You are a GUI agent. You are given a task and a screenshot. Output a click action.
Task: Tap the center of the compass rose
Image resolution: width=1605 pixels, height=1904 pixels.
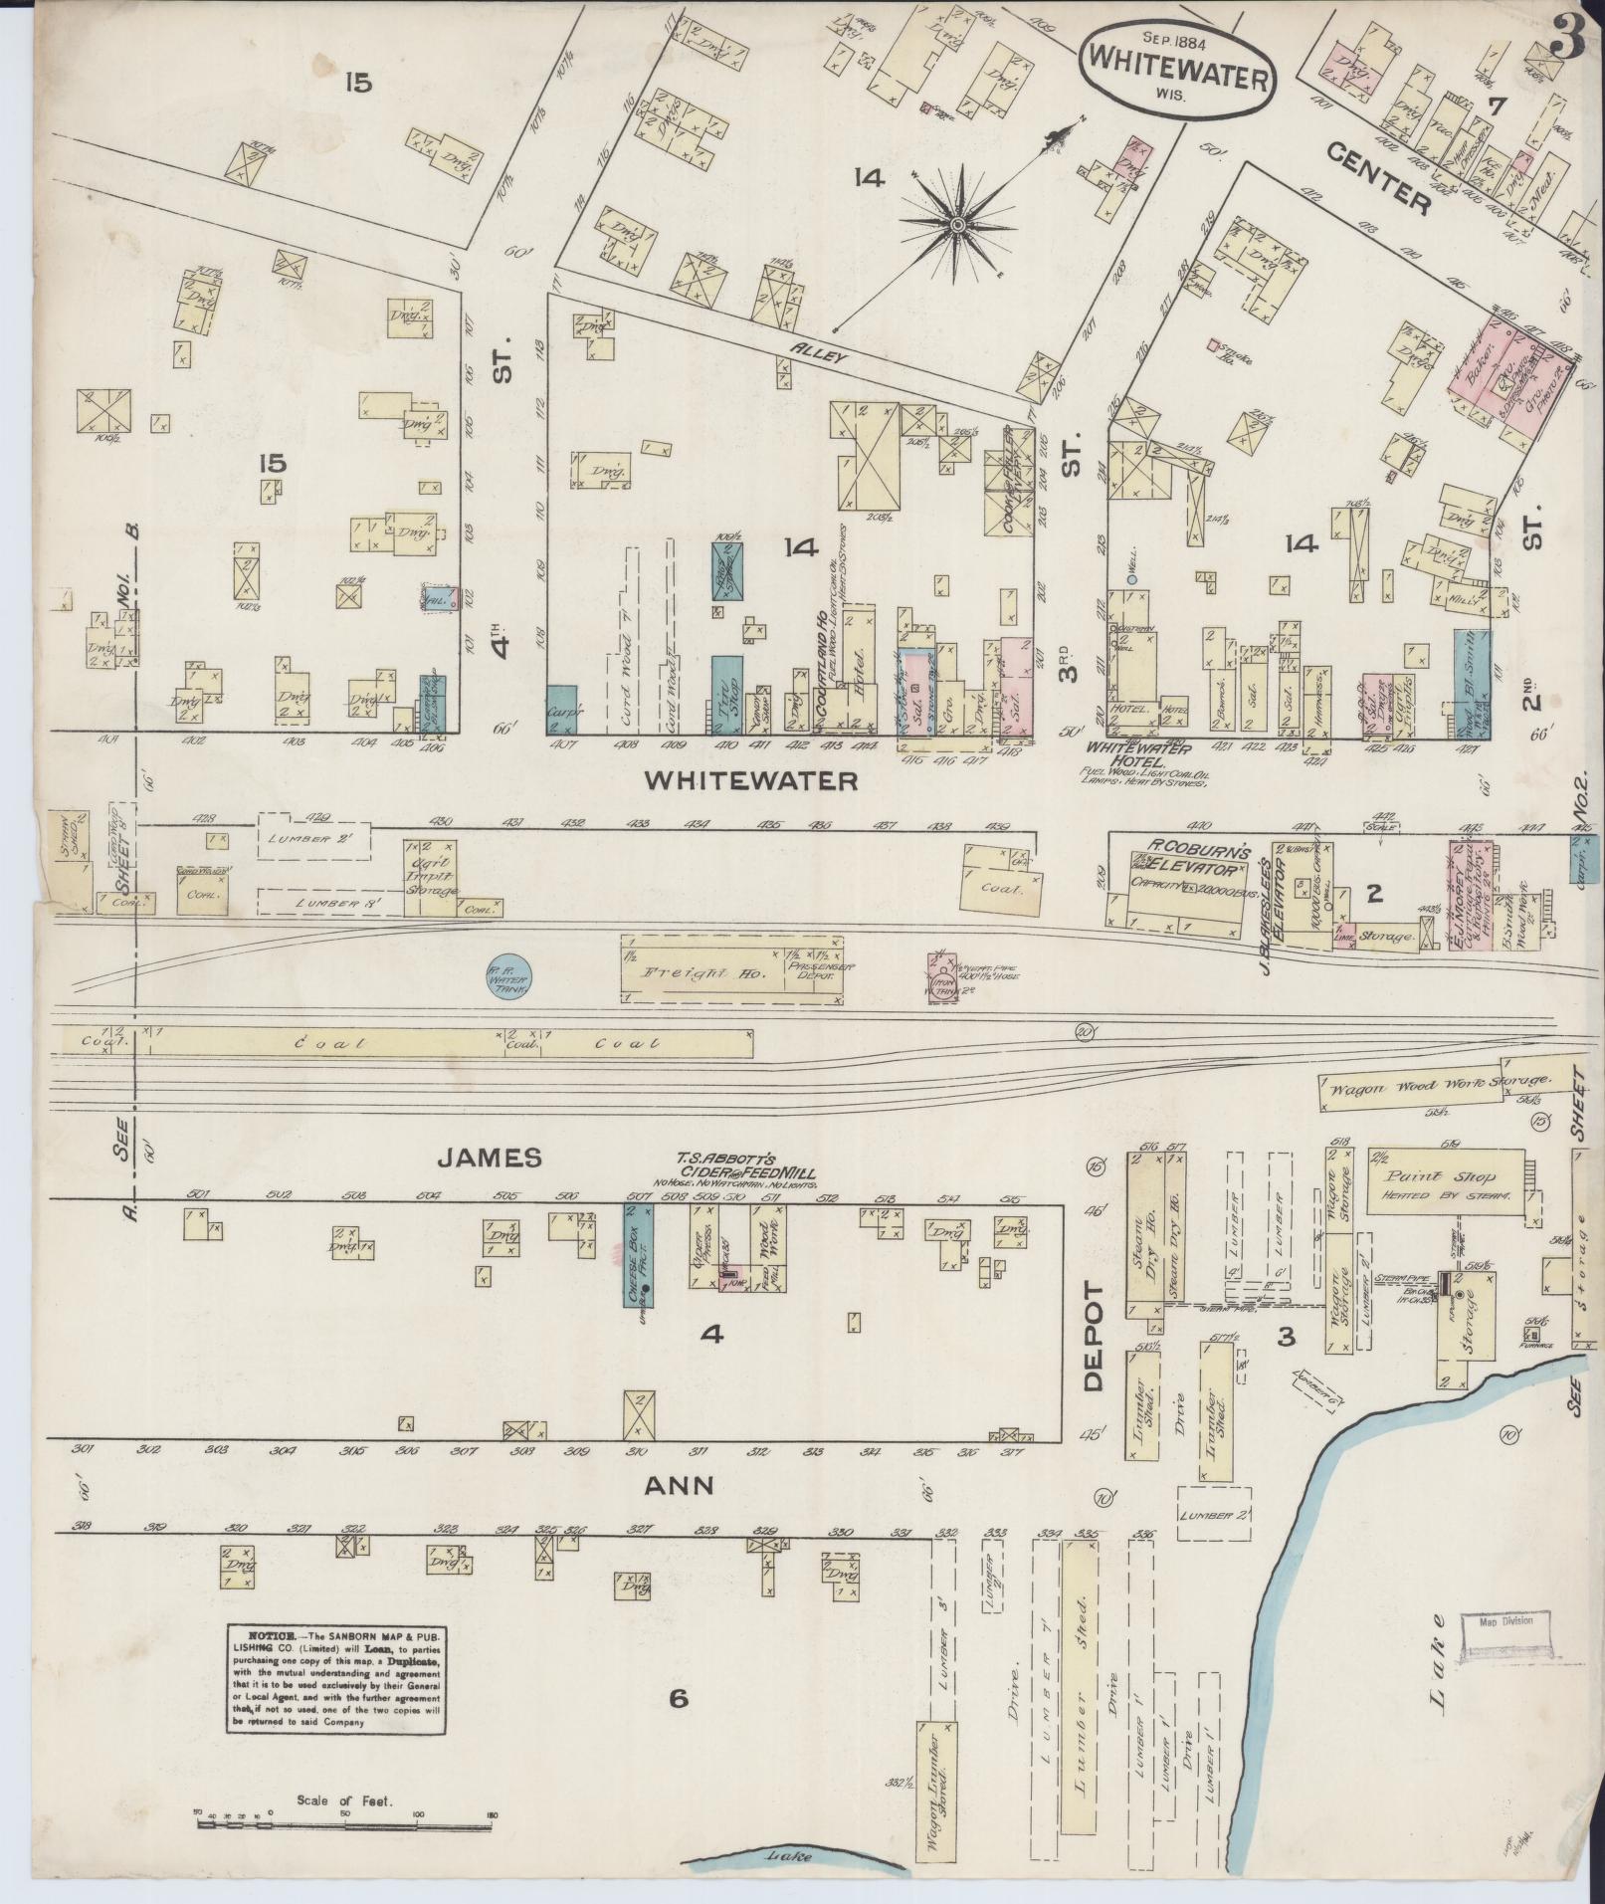tap(957, 227)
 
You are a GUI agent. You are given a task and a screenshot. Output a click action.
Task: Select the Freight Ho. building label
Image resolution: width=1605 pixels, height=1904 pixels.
tap(690, 973)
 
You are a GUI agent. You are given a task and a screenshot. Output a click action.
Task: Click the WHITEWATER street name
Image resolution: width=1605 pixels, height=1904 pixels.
tap(750, 781)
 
